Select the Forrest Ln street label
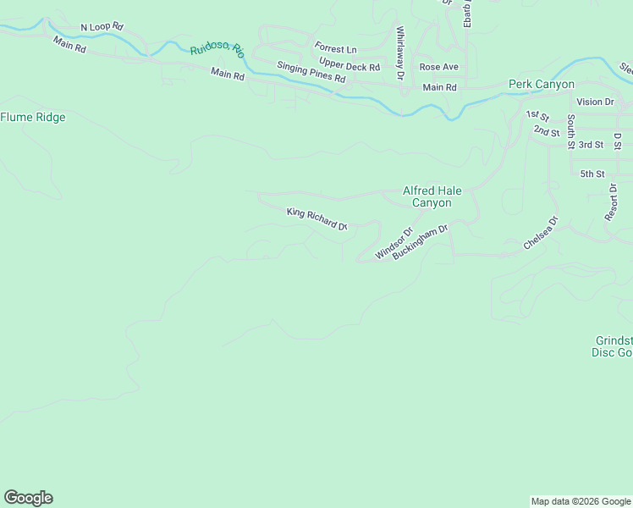point(335,48)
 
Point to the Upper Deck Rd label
point(350,63)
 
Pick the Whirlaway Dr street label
point(400,53)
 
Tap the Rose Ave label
point(438,67)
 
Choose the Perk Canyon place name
point(542,84)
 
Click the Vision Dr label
point(595,102)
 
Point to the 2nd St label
point(547,131)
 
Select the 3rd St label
point(591,145)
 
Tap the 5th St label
point(592,174)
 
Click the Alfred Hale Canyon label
point(432,197)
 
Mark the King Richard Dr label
point(317,219)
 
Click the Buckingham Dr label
point(420,242)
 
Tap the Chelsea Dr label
point(542,234)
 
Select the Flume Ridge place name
point(33,118)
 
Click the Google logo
point(28,498)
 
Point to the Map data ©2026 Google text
point(580,501)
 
